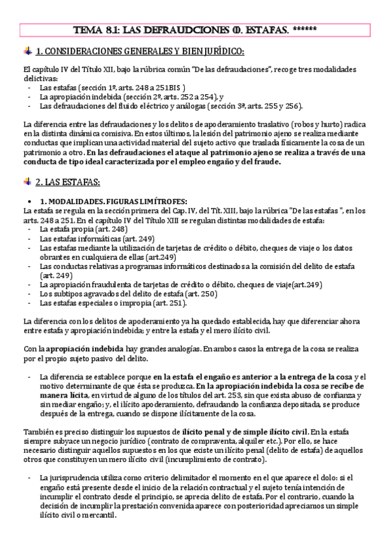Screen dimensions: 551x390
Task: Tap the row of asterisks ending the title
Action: pyautogui.click(x=305, y=29)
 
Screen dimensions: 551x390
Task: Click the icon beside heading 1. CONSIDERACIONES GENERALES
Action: pyautogui.click(x=27, y=51)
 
